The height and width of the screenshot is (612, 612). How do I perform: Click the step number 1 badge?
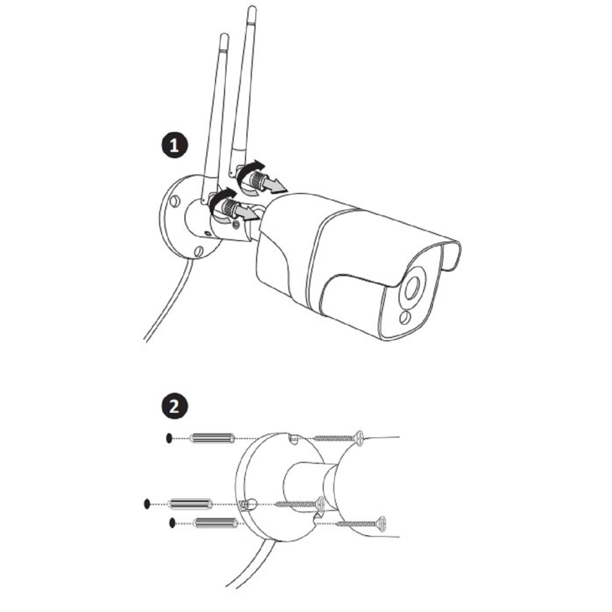[x=174, y=146]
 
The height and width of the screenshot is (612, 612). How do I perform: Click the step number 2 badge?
[x=174, y=406]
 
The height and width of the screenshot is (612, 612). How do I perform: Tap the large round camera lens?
[x=412, y=288]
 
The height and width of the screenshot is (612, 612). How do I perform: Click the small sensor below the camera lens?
[x=405, y=317]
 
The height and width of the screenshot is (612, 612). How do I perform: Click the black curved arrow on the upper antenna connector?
[x=248, y=170]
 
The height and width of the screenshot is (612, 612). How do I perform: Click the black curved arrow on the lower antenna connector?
[x=221, y=198]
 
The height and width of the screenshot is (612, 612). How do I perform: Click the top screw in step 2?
[x=338, y=438]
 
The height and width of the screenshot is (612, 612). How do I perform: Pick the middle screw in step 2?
[x=300, y=504]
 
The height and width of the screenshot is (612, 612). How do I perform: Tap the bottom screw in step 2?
[x=361, y=523]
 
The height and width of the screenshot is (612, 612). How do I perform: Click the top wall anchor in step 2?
[x=212, y=439]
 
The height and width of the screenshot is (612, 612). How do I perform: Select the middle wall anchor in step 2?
[x=190, y=504]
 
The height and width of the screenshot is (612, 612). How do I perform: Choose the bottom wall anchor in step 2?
[x=216, y=523]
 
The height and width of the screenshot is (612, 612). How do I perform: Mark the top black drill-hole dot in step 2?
[x=169, y=439]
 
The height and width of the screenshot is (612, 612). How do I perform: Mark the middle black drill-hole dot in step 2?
[x=147, y=504]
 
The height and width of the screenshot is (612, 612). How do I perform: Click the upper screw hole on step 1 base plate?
[x=175, y=202]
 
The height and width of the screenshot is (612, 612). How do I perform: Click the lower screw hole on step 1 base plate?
[x=199, y=251]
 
